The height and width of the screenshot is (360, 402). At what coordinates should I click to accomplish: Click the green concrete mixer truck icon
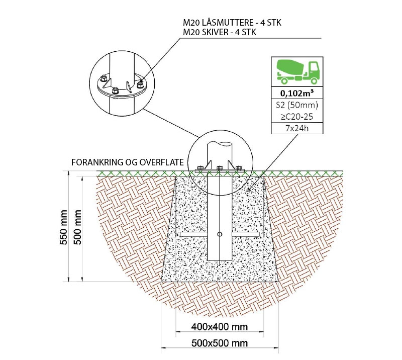(x=297, y=72)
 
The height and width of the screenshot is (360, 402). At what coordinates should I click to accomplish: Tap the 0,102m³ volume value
(x=297, y=93)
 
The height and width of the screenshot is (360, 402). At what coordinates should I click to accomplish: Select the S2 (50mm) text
(x=297, y=105)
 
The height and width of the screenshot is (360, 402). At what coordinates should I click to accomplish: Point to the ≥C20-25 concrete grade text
(x=297, y=117)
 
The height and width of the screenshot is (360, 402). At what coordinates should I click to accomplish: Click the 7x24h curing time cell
(x=297, y=128)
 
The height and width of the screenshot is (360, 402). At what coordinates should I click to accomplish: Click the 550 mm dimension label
(x=64, y=227)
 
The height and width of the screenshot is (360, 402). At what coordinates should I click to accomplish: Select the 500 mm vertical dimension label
(x=78, y=227)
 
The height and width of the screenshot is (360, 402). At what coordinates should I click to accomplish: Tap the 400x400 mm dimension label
(x=220, y=327)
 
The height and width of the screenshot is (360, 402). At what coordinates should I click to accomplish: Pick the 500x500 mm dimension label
(x=220, y=343)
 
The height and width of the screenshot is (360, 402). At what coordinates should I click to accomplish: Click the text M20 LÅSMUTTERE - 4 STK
(x=232, y=23)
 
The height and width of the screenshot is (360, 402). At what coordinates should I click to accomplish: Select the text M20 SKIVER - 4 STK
(x=220, y=32)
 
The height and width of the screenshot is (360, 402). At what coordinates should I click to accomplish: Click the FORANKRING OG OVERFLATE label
(x=128, y=162)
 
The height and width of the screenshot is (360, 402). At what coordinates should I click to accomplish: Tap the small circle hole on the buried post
(x=220, y=234)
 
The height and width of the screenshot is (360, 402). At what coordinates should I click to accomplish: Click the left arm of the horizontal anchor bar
(x=193, y=234)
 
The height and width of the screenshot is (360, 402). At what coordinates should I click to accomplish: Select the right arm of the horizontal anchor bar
(x=246, y=234)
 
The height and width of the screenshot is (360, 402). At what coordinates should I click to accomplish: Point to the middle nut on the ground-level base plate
(x=220, y=168)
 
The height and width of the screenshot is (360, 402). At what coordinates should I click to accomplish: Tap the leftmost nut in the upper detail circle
(x=104, y=77)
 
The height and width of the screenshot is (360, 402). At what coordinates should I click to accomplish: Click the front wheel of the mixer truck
(x=314, y=80)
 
